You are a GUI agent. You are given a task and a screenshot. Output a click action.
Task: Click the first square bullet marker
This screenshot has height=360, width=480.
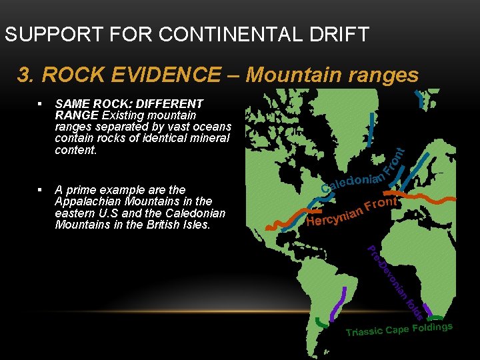coord(41,104)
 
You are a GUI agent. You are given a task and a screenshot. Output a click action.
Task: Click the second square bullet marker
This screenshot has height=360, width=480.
coord(41,190)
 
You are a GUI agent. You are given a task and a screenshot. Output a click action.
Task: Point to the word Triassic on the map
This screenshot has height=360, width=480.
coord(365,332)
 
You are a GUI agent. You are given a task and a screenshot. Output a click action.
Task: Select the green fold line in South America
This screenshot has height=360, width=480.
coord(323,323)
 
